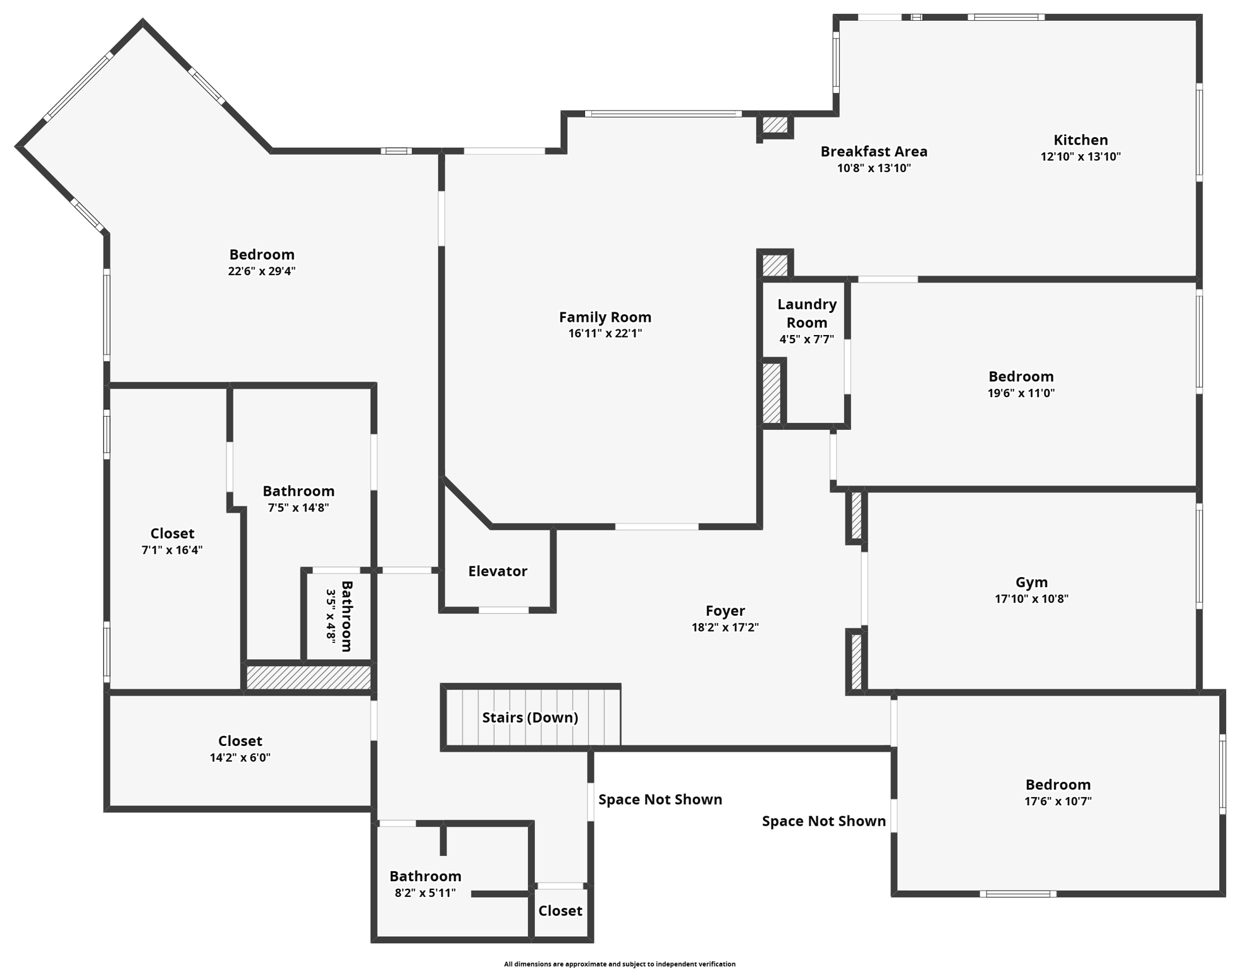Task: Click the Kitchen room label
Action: tap(1080, 140)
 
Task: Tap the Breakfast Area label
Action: tap(873, 152)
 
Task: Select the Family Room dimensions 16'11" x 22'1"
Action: tap(605, 334)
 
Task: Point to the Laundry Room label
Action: tap(806, 314)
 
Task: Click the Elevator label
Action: tap(497, 571)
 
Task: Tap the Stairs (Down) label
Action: tap(530, 718)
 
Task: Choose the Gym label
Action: tap(1031, 582)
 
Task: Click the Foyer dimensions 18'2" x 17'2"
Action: tap(725, 628)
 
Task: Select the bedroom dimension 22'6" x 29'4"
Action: tap(262, 271)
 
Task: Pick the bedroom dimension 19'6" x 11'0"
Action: tap(1021, 393)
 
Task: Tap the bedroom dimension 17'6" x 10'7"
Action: tap(1058, 802)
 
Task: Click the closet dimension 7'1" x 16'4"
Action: tap(172, 550)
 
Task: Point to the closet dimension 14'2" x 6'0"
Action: tap(240, 757)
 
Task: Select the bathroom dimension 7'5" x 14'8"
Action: tap(298, 508)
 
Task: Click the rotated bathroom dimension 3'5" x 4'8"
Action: tap(331, 616)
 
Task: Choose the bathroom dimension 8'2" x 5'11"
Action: tap(425, 893)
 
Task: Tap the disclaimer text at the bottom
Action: tap(619, 964)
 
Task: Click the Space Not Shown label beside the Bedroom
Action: tap(823, 821)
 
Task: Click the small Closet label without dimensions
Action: tap(560, 911)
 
